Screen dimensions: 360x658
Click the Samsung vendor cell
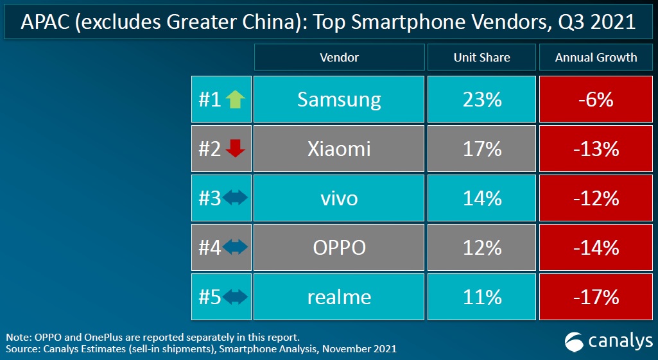pyautogui.click(x=339, y=99)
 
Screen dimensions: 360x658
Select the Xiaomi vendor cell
pyautogui.click(x=339, y=149)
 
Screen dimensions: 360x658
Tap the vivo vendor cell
pyautogui.click(x=339, y=198)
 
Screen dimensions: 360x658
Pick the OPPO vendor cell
pyautogui.click(x=339, y=248)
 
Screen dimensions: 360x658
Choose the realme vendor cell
pyautogui.click(x=339, y=297)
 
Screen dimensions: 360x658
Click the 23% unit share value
pyautogui.click(x=481, y=99)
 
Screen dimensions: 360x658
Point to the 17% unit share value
pyautogui.click(x=481, y=149)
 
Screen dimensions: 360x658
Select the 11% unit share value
pyautogui.click(x=481, y=297)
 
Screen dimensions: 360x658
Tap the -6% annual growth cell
pyautogui.click(x=596, y=99)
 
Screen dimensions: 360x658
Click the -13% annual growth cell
pyautogui.click(x=596, y=149)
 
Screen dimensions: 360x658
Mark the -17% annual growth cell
pyautogui.click(x=596, y=297)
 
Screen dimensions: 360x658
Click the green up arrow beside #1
pyautogui.click(x=236, y=99)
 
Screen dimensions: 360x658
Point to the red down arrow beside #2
pyautogui.click(x=236, y=149)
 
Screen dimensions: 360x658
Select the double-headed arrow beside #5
pyautogui.click(x=235, y=297)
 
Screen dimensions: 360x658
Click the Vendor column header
pyautogui.click(x=339, y=57)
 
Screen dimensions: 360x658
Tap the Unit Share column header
pyautogui.click(x=481, y=57)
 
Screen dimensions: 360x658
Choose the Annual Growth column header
pyautogui.click(x=596, y=57)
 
